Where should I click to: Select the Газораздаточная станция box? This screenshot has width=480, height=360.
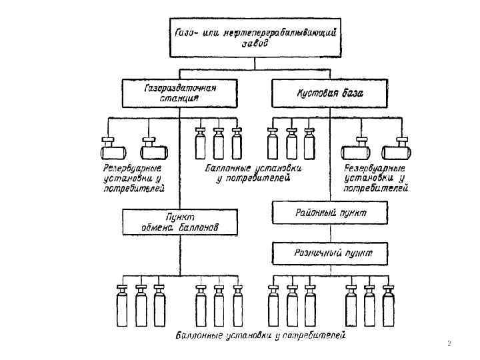point(179,93)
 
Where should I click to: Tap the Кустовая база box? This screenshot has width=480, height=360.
point(329,93)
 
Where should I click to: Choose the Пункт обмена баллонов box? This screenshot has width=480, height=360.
point(179,221)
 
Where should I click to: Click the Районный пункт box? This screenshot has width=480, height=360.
point(329,213)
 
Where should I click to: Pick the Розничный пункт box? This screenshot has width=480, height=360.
point(329,253)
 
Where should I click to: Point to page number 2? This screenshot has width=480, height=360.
point(449,344)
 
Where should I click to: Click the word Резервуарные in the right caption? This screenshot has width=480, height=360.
point(374,168)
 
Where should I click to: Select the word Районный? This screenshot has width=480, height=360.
point(315,213)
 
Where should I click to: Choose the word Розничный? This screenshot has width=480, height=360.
point(317,253)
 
